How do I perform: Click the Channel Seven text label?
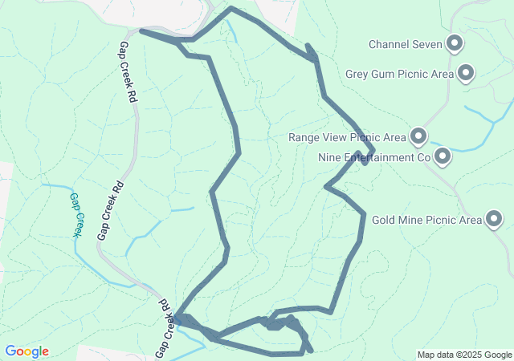click(406, 44)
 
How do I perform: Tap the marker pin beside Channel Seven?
click(455, 43)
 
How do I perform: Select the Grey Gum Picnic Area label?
click(399, 75)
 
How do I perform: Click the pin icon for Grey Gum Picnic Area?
click(466, 74)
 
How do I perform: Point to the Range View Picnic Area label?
click(347, 137)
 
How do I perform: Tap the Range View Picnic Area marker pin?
click(418, 136)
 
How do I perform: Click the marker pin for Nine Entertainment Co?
click(442, 156)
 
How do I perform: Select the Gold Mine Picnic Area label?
click(426, 219)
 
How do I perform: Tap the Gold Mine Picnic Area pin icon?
click(493, 218)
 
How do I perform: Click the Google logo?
click(27, 351)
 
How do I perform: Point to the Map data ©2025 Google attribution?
click(464, 355)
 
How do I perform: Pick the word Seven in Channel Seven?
click(427, 44)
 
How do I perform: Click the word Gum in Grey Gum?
click(387, 75)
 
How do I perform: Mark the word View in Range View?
click(334, 137)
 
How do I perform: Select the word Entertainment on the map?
click(378, 157)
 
